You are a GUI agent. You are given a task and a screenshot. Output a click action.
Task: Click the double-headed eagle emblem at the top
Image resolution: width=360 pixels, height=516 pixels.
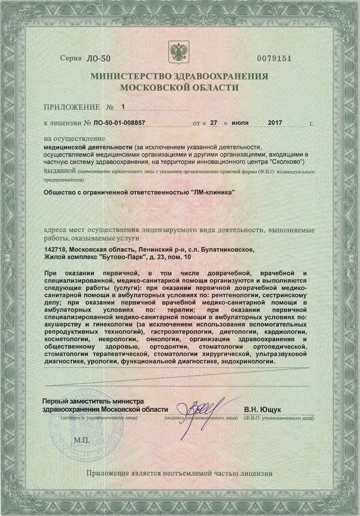[180, 52]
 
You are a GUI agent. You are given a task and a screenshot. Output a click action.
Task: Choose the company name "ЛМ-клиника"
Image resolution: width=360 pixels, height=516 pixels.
[213, 192]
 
